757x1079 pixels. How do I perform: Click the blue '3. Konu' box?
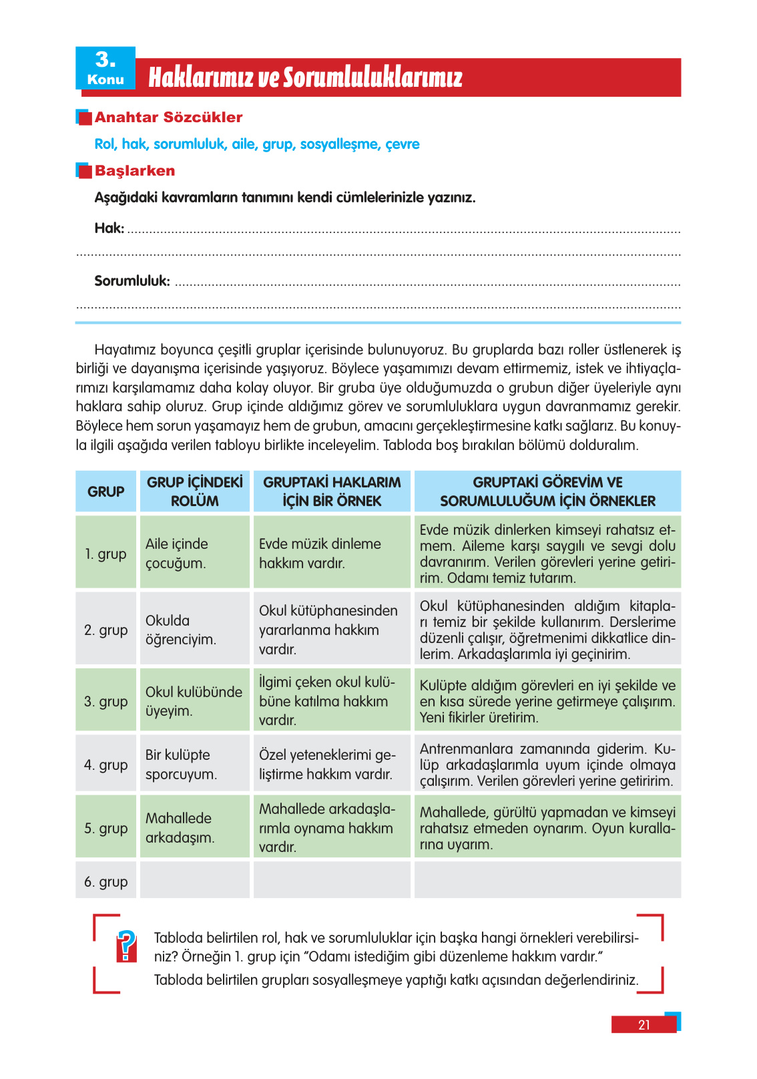click(x=105, y=68)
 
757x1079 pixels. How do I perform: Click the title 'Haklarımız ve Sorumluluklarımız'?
click(x=305, y=77)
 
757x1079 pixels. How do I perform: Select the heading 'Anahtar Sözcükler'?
click(x=168, y=118)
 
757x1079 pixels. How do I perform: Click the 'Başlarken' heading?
click(x=134, y=171)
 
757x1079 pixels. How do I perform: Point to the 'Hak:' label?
click(x=109, y=228)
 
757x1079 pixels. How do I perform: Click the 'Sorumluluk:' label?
click(x=132, y=281)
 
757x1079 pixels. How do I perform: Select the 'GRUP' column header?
click(x=105, y=492)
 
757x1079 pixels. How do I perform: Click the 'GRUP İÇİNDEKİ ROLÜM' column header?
click(x=194, y=492)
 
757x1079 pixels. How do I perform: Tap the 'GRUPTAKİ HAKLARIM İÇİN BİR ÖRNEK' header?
click(x=332, y=492)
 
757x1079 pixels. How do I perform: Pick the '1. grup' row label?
click(x=105, y=554)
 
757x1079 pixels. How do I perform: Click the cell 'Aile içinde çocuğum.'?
click(x=177, y=554)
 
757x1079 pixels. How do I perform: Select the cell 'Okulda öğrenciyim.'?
click(x=180, y=630)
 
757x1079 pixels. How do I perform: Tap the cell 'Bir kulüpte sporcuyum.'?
click(x=181, y=765)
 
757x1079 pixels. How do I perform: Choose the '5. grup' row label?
click(x=105, y=829)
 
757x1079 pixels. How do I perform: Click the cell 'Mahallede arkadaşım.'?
click(x=180, y=828)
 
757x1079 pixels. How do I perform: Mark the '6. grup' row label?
click(x=105, y=882)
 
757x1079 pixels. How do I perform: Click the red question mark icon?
click(x=126, y=946)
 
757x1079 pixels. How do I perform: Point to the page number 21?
click(x=644, y=1025)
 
